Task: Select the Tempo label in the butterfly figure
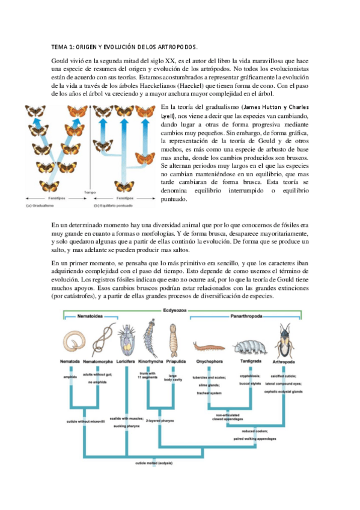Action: [90, 192]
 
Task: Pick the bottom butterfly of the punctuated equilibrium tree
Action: [125, 186]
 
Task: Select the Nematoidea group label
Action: [90, 317]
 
